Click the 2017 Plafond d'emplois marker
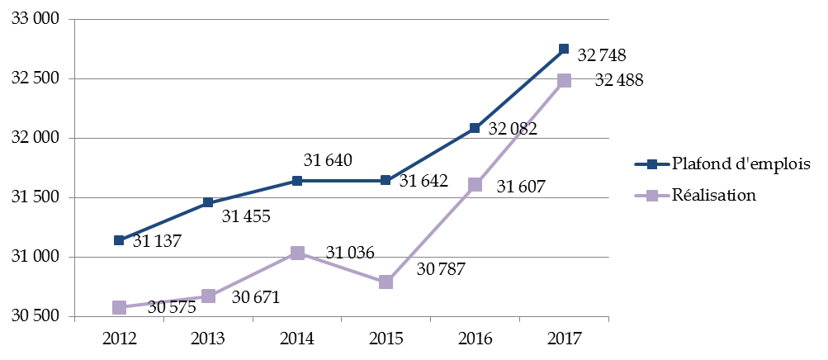[564, 50]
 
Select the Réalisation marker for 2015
[386, 282]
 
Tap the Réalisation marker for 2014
[296, 253]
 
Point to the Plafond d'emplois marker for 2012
[119, 240]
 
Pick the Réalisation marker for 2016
[475, 185]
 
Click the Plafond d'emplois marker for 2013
[208, 202]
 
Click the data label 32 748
[602, 56]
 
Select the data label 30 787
[442, 268]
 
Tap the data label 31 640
[329, 160]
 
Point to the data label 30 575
[173, 307]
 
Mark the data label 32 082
[513, 129]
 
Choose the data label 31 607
[522, 187]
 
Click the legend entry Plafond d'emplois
[741, 163]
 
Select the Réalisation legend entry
[714, 196]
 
